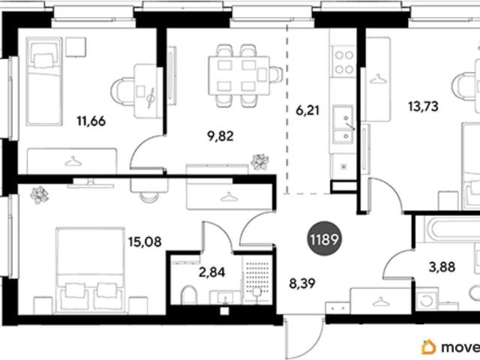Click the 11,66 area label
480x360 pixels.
pyautogui.click(x=91, y=121)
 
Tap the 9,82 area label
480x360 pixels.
pyautogui.click(x=220, y=136)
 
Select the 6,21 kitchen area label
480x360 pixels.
pyautogui.click(x=307, y=110)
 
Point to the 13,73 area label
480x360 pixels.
pyautogui.click(x=423, y=106)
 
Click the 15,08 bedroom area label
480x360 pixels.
pyautogui.click(x=145, y=241)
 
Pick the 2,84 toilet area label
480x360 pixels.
pyautogui.click(x=211, y=271)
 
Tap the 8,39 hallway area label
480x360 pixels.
pyautogui.click(x=302, y=283)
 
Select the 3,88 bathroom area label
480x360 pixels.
pyautogui.click(x=442, y=267)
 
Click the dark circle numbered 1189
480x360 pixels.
pyautogui.click(x=324, y=238)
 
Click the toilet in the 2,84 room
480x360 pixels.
pyautogui.click(x=189, y=295)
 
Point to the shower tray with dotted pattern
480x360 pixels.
pyautogui.click(x=257, y=279)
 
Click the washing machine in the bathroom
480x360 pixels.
pyautogui.click(x=425, y=300)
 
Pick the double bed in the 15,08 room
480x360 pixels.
pyautogui.click(x=90, y=270)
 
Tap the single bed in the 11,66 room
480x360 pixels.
pyautogui.click(x=44, y=82)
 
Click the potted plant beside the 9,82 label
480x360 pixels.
pyautogui.click(x=260, y=162)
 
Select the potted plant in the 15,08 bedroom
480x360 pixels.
pyautogui.click(x=40, y=195)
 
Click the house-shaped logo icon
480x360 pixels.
pyautogui.click(x=428, y=347)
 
